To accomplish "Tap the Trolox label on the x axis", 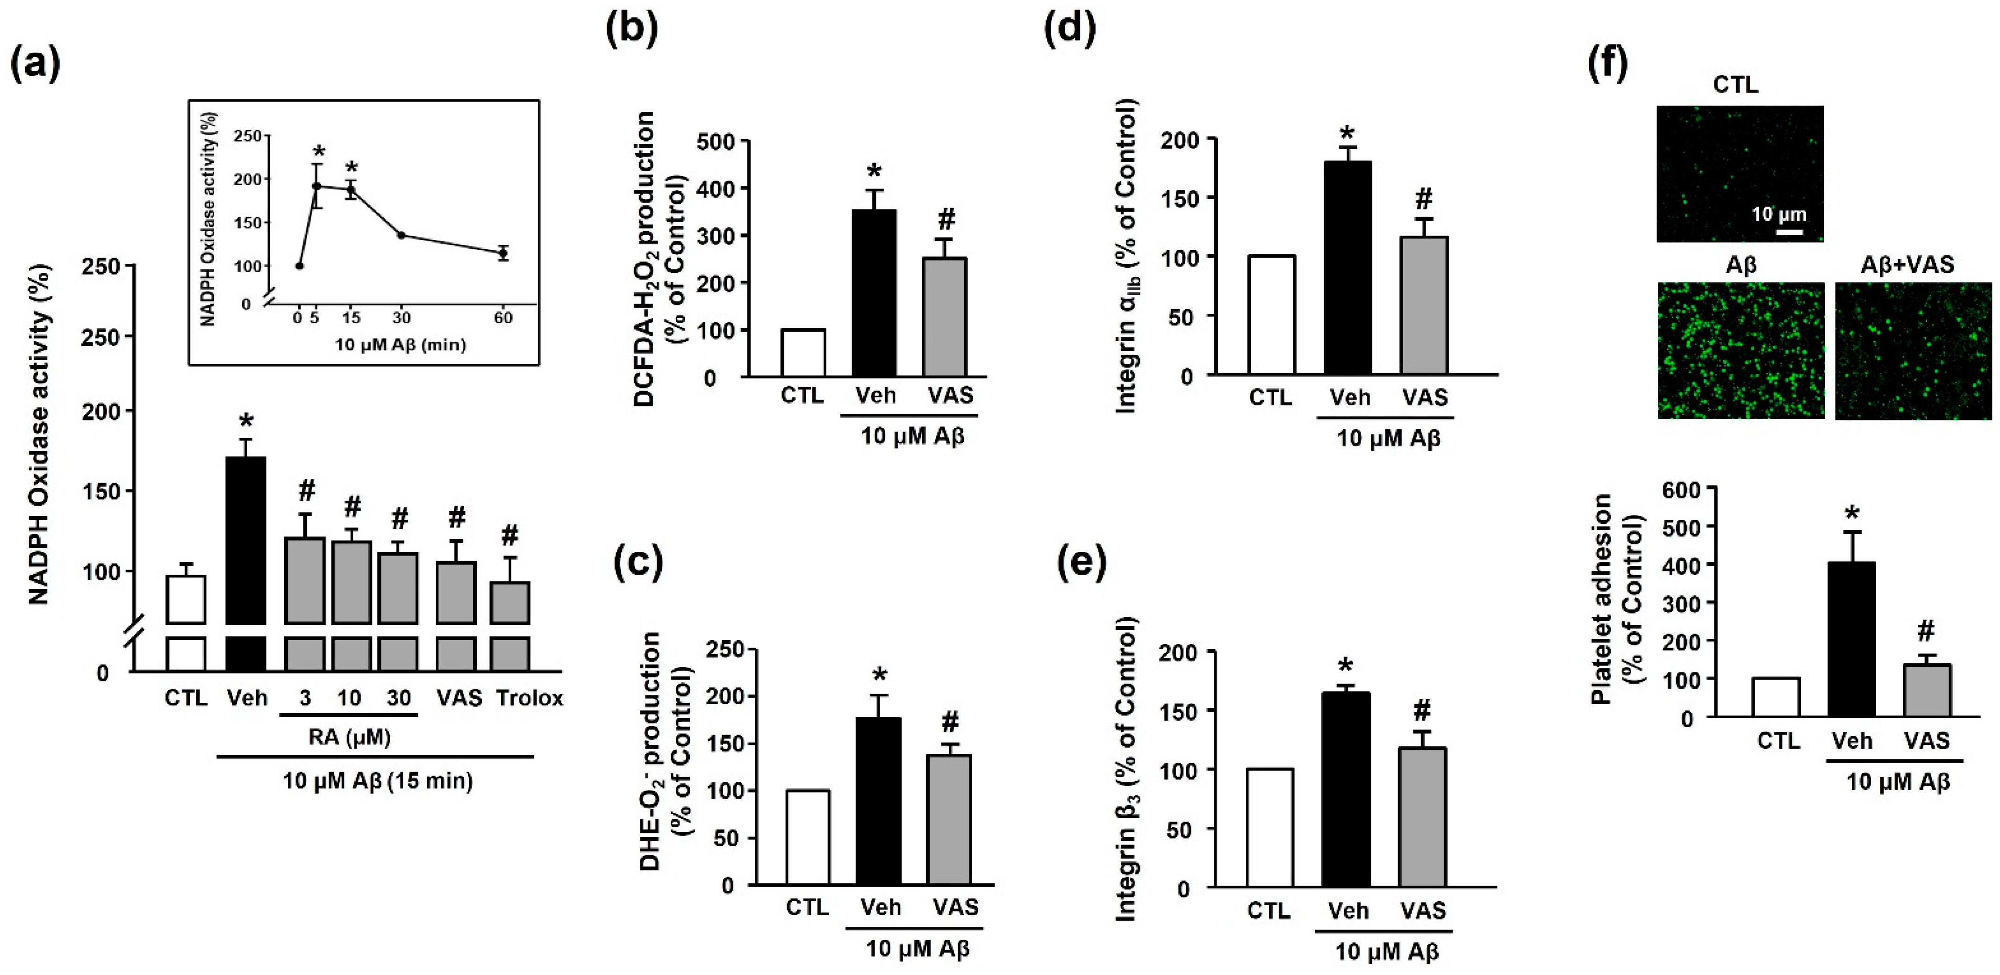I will (530, 698).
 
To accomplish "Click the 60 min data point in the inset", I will (503, 253).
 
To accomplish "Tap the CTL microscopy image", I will (1739, 174).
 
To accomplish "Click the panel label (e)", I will (1083, 565).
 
